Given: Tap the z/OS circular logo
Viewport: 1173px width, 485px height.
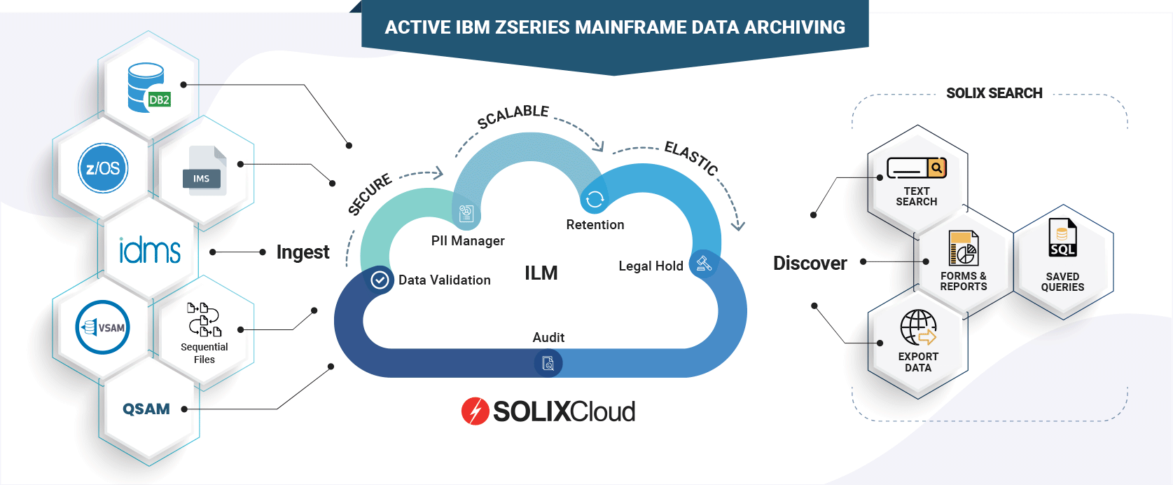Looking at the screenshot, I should click(103, 168).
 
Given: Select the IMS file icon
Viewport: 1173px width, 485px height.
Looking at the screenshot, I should click(204, 170).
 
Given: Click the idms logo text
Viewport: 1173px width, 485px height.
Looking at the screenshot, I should click(149, 251).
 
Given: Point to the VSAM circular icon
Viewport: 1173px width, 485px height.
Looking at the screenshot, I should click(102, 327).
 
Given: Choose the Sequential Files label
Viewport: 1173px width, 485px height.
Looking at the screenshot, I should click(204, 353).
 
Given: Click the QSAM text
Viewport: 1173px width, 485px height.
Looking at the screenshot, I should click(146, 409).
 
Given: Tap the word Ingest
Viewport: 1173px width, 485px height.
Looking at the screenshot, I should click(303, 252).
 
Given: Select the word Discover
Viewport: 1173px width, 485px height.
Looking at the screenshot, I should click(810, 264).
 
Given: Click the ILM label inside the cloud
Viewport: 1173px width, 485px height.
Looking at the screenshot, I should click(541, 273).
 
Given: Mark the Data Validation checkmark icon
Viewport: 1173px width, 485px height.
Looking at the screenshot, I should click(380, 280).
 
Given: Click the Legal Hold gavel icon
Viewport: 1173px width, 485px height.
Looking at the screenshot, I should click(704, 264).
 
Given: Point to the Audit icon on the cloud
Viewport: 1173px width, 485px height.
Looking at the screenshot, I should click(548, 363).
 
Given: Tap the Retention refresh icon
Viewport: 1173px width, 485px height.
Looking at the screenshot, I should click(595, 200).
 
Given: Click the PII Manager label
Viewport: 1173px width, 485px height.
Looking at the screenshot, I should click(468, 241).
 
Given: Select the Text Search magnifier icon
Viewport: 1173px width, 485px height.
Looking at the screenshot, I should click(936, 168).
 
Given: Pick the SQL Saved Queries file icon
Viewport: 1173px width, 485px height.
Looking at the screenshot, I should click(1062, 238).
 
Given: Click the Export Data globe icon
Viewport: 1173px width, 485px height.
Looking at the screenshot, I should click(918, 328).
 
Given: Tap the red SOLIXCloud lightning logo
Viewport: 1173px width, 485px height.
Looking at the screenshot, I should click(475, 411).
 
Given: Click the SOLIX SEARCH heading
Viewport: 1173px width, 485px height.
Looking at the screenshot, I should click(994, 93).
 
